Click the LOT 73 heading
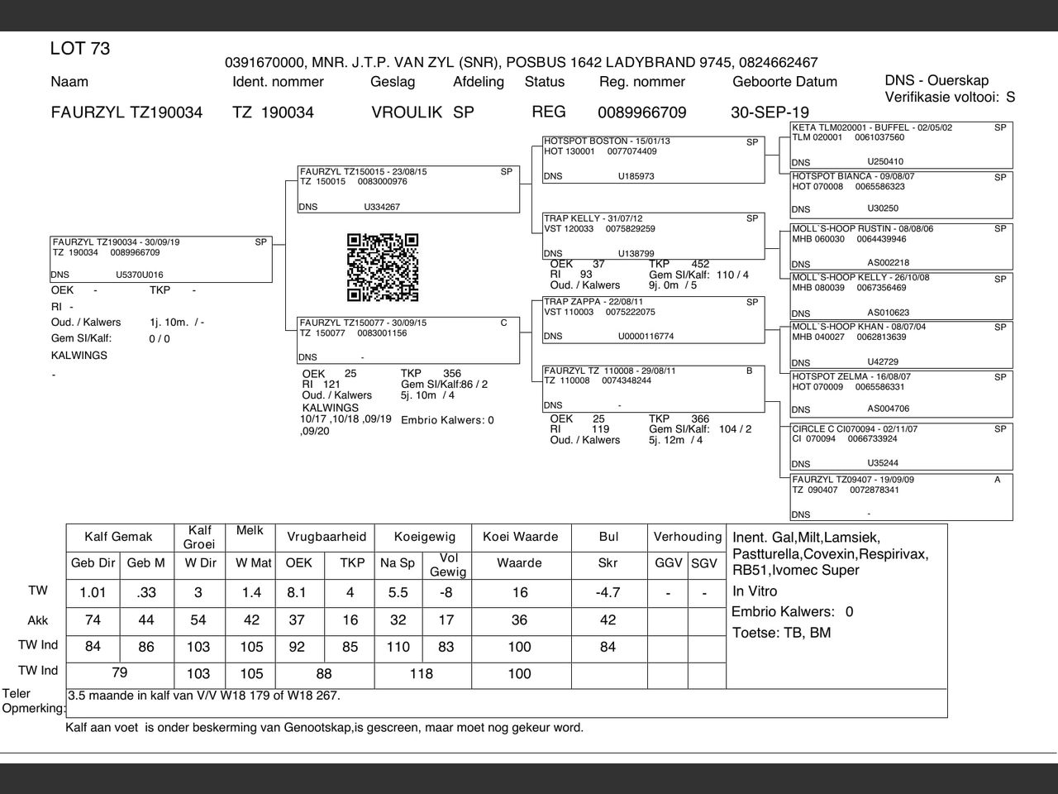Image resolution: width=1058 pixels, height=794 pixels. pyautogui.click(x=80, y=49)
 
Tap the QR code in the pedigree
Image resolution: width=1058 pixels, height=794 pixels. pyautogui.click(x=382, y=267)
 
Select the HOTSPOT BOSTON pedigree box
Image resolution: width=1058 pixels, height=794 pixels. pyautogui.click(x=653, y=160)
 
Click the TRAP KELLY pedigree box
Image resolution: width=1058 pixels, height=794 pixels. pyautogui.click(x=653, y=237)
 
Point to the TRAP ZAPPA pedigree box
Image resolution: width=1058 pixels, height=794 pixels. pyautogui.click(x=653, y=319)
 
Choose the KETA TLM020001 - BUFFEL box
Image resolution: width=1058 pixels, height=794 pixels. pyautogui.click(x=901, y=145)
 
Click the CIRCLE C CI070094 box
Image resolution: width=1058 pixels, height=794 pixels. pyautogui.click(x=901, y=447)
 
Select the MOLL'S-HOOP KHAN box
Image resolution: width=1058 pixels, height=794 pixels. pyautogui.click(x=901, y=345)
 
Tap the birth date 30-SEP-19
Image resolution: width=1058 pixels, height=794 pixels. pyautogui.click(x=770, y=112)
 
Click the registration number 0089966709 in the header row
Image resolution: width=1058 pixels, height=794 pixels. pyautogui.click(x=641, y=112)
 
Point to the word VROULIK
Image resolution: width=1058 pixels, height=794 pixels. pyautogui.click(x=407, y=112)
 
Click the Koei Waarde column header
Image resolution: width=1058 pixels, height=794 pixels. pyautogui.click(x=520, y=537)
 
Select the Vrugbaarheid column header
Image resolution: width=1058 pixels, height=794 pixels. pyautogui.click(x=326, y=537)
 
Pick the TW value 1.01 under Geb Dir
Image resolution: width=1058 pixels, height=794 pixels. pyautogui.click(x=93, y=592)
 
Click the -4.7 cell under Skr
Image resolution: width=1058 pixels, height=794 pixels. pyautogui.click(x=608, y=592)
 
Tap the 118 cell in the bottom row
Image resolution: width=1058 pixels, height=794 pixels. pyautogui.click(x=422, y=674)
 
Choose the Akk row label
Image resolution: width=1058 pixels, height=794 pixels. pyautogui.click(x=38, y=620)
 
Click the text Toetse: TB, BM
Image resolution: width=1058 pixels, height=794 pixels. pyautogui.click(x=782, y=634)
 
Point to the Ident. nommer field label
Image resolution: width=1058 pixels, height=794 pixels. pyautogui.click(x=278, y=82)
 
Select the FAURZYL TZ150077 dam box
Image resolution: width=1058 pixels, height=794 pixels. pyautogui.click(x=408, y=340)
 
